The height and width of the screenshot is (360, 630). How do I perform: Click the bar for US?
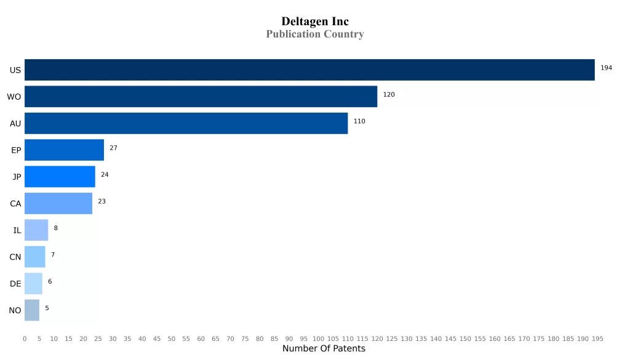pyautogui.click(x=309, y=70)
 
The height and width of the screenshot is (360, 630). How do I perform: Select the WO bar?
pyautogui.click(x=201, y=97)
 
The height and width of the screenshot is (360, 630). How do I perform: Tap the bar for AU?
pyautogui.click(x=186, y=123)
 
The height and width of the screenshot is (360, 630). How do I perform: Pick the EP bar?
pyautogui.click(x=64, y=150)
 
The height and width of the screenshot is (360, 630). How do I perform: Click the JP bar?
pyautogui.click(x=60, y=177)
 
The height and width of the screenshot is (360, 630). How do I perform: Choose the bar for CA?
pyautogui.click(x=58, y=203)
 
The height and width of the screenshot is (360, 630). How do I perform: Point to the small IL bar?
pyautogui.click(x=36, y=230)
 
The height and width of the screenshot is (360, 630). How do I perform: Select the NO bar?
pyautogui.click(x=32, y=310)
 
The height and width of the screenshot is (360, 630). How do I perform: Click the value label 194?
pyautogui.click(x=606, y=68)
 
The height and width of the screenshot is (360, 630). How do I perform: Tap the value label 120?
pyautogui.click(x=389, y=95)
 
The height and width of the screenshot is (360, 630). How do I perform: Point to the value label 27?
pyautogui.click(x=113, y=148)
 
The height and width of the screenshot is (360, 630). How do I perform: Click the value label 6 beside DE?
pyautogui.click(x=50, y=281)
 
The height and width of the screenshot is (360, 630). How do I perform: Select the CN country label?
pyautogui.click(x=15, y=257)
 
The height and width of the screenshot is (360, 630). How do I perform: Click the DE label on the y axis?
pyautogui.click(x=15, y=284)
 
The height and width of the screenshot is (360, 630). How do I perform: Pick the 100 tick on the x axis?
pyautogui.click(x=318, y=338)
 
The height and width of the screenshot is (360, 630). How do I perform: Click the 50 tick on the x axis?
pyautogui.click(x=172, y=338)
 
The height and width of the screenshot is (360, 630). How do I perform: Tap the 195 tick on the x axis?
pyautogui.click(x=597, y=338)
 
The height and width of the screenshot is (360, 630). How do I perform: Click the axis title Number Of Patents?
pyautogui.click(x=324, y=349)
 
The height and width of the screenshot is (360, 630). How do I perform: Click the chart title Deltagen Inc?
pyautogui.click(x=315, y=22)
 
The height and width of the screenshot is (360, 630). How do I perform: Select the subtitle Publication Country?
pyautogui.click(x=315, y=34)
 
